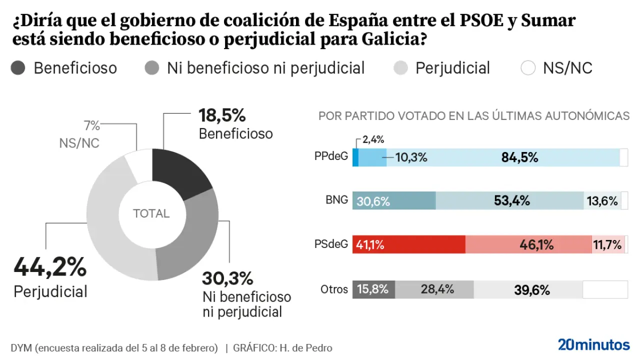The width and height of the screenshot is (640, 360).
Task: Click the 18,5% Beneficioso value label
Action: click(x=222, y=115)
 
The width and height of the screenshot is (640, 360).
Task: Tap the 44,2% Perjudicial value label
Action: click(x=50, y=267)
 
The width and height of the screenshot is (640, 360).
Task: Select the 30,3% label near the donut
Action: click(x=227, y=278)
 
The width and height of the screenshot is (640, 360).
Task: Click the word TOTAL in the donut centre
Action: click(x=151, y=213)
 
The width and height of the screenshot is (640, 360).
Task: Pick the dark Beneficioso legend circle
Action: click(x=18, y=68)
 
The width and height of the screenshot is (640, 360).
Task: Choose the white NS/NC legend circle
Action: click(x=528, y=68)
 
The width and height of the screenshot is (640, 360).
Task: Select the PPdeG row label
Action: click(x=331, y=156)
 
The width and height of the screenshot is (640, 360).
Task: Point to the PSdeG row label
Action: click(x=331, y=244)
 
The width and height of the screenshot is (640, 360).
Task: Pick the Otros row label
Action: click(x=334, y=289)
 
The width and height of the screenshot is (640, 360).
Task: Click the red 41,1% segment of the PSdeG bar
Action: click(x=408, y=244)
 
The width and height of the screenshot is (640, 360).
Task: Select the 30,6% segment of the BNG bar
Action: click(x=394, y=200)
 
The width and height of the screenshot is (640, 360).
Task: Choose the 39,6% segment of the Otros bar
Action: click(x=528, y=289)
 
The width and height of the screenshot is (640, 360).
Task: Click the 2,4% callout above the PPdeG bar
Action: click(x=373, y=140)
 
